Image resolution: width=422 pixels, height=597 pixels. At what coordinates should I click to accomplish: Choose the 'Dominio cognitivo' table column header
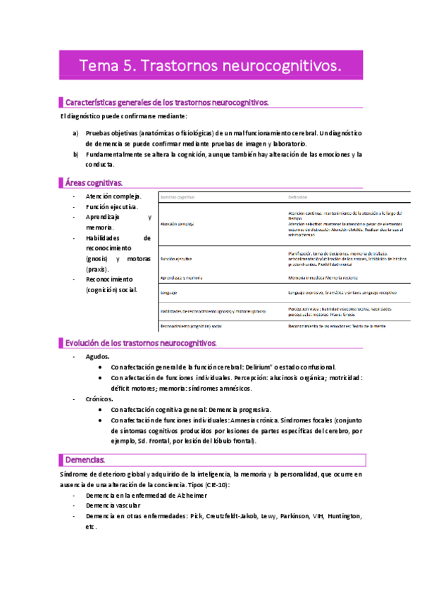pyautogui.click(x=178, y=198)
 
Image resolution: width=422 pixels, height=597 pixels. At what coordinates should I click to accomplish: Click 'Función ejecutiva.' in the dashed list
pyautogui.click(x=112, y=207)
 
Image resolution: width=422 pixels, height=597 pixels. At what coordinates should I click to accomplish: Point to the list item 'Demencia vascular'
pyautogui.click(x=113, y=505)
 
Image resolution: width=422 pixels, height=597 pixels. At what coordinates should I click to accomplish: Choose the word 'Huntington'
pyautogui.click(x=340, y=516)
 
